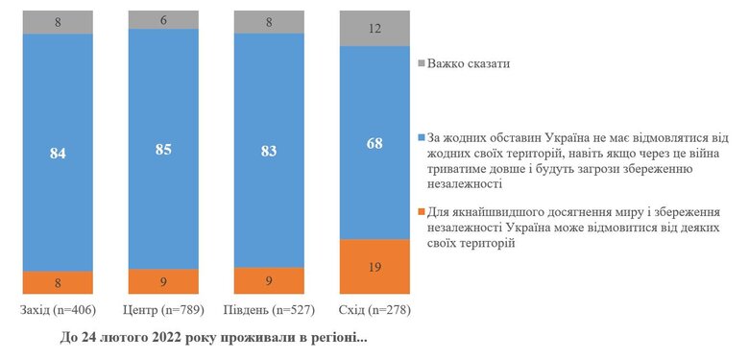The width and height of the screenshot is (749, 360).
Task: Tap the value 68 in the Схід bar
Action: coord(375,142)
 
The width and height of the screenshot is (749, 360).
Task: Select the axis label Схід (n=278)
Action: coord(375,310)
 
